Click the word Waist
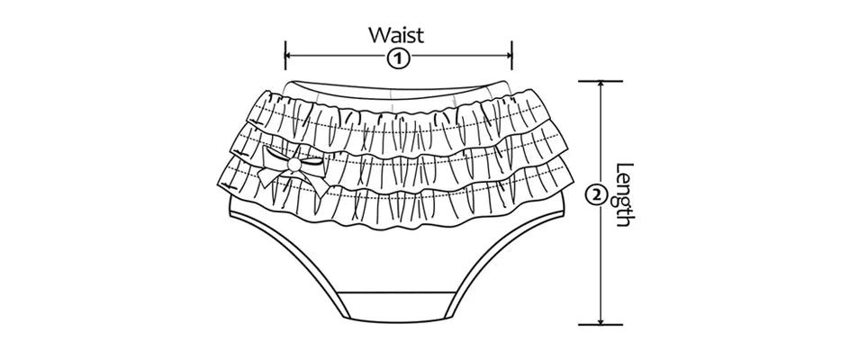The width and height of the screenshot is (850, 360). (396, 35)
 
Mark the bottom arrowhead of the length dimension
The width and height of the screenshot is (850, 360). (601, 318)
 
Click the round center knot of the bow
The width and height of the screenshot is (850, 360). (296, 166)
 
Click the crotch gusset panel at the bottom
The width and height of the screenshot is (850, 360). (396, 306)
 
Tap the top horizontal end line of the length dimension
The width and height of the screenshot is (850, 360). (601, 81)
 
